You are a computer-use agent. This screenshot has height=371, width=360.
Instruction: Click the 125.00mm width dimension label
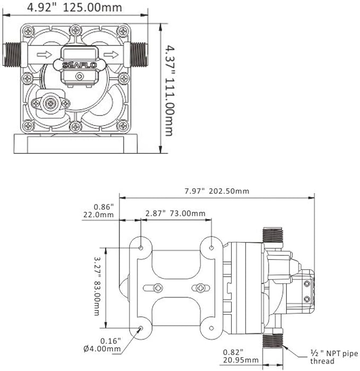[x=92, y=7]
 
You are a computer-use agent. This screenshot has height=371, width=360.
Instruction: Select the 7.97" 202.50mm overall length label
[x=217, y=191]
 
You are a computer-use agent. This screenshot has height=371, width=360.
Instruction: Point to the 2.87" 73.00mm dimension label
[x=175, y=214]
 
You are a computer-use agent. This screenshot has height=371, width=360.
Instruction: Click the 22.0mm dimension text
[x=99, y=215]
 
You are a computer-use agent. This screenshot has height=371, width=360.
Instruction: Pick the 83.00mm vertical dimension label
[x=97, y=298]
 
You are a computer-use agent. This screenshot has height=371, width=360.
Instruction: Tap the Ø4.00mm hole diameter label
[x=102, y=349]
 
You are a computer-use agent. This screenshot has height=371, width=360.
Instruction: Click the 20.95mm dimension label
[x=241, y=360]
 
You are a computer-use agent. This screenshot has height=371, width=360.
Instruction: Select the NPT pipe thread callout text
[x=334, y=357]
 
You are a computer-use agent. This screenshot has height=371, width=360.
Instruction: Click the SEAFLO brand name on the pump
[x=80, y=65]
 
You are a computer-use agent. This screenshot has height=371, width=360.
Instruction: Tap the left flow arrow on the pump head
[x=44, y=55]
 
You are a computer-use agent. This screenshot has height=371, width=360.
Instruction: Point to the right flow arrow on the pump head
[x=111, y=55]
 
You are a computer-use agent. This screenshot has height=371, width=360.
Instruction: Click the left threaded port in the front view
[x=12, y=55]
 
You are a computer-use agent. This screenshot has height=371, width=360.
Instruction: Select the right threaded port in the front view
[x=139, y=55]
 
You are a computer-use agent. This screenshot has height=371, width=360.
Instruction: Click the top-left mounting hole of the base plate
[x=141, y=248]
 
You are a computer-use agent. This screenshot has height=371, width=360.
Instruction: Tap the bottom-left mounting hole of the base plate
[x=141, y=328]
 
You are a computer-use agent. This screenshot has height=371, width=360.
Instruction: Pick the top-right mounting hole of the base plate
[x=212, y=248]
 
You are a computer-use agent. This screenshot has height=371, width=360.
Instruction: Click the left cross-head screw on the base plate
[x=158, y=288]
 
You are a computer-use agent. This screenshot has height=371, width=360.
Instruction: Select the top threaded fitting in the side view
[x=273, y=235]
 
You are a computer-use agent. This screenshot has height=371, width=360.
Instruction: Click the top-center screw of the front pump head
[x=76, y=30]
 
